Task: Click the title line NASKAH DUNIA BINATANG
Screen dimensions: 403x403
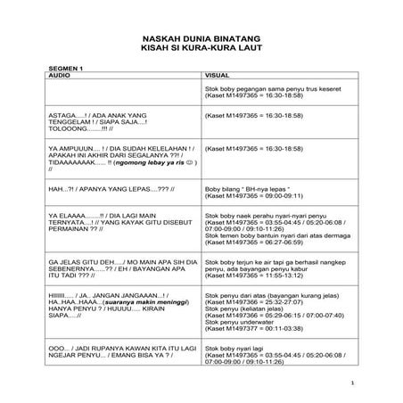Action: tap(201, 38)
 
